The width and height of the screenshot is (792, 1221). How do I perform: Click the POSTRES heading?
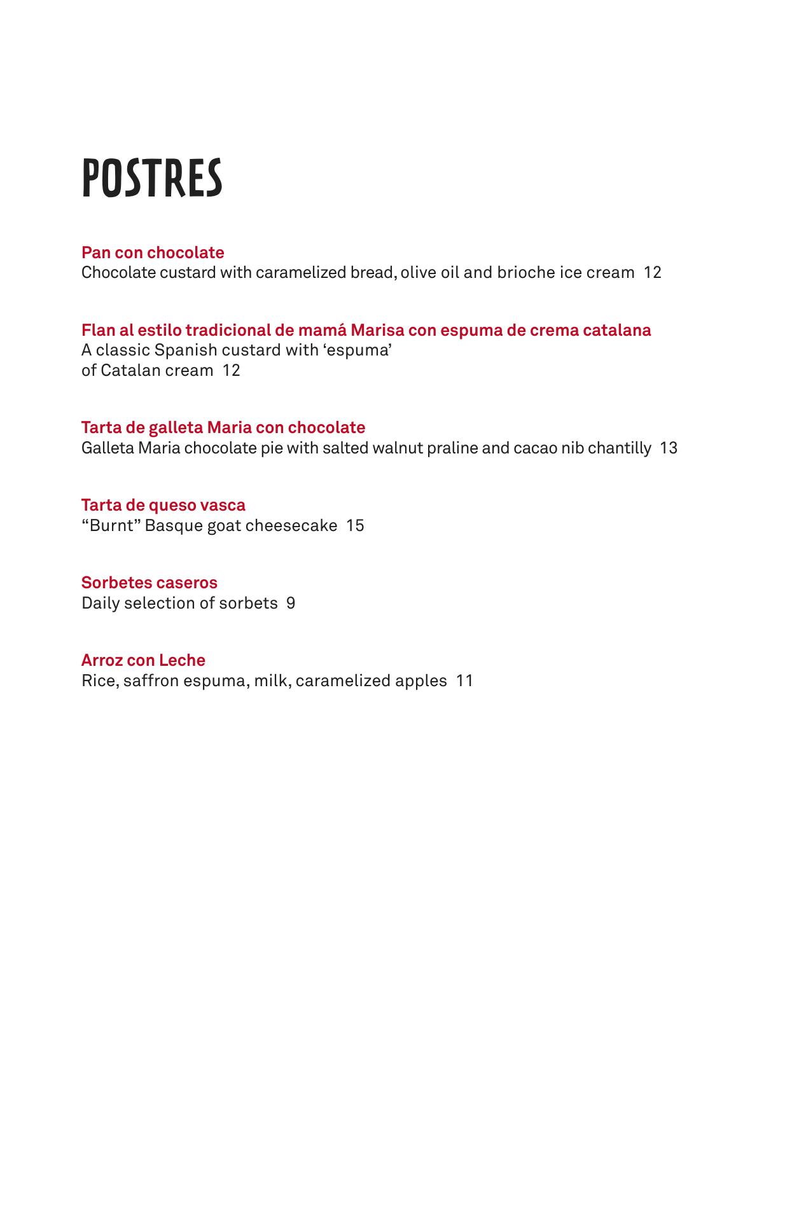(x=152, y=178)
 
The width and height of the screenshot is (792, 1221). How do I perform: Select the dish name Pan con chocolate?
(x=153, y=252)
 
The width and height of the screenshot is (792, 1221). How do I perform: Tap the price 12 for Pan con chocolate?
(x=653, y=273)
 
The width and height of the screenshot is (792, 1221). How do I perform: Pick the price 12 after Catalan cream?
(x=232, y=371)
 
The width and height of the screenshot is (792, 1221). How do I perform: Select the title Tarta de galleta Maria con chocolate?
(x=223, y=427)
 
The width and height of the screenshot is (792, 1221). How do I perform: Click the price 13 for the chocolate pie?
(x=669, y=448)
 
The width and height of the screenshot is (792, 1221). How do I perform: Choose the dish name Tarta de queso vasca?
(x=163, y=505)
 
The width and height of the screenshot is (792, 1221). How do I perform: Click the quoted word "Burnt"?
(x=111, y=526)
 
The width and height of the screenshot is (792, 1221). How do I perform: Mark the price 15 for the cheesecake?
(x=356, y=526)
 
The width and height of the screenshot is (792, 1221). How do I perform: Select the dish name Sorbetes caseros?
(x=149, y=583)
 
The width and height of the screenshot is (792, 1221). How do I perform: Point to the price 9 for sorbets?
(x=291, y=604)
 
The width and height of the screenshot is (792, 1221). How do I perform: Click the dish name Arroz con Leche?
(x=143, y=660)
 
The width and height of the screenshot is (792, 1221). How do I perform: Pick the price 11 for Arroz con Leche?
(x=465, y=681)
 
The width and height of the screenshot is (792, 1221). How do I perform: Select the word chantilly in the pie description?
(x=620, y=448)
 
